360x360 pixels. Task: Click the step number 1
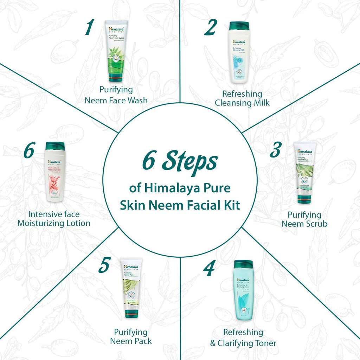(90, 28)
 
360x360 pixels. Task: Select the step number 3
(276, 149)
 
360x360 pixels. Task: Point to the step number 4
(209, 269)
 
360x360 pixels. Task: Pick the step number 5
(104, 265)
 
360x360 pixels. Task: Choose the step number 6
(29, 151)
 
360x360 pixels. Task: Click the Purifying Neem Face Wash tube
(117, 51)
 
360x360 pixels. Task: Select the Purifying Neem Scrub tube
(304, 172)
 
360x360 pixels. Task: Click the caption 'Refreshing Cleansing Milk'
(242, 98)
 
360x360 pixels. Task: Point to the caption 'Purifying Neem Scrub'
(304, 219)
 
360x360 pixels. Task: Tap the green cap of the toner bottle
(243, 264)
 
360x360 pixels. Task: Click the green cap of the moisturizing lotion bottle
(55, 146)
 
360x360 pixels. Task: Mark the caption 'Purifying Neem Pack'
(131, 336)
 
